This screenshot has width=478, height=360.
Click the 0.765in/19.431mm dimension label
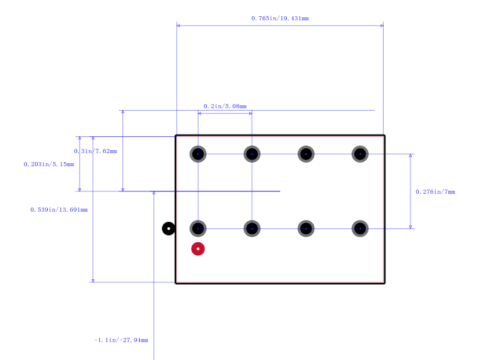tap(280, 19)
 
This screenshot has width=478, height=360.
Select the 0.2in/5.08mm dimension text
tap(225, 106)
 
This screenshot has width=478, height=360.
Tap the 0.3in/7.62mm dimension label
tap(96, 151)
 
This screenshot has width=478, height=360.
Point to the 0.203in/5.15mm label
tap(49, 164)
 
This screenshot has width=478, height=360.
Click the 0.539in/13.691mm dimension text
tap(59, 209)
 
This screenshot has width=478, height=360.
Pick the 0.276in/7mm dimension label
tap(436, 191)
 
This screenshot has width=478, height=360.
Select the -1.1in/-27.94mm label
tap(121, 340)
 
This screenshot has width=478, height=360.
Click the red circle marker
tap(198, 249)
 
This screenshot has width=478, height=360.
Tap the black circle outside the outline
tap(168, 228)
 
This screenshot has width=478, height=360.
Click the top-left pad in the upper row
tap(198, 154)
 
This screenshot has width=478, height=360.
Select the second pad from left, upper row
tap(252, 154)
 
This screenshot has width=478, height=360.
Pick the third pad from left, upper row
tap(306, 154)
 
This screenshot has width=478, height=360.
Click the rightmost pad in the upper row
tap(360, 154)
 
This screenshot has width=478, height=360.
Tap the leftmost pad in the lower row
tap(198, 228)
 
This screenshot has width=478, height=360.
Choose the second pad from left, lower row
tap(252, 228)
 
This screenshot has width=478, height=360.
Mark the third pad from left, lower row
tap(306, 228)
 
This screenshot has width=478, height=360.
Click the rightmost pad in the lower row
tap(360, 228)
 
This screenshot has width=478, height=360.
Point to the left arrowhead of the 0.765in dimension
tap(178, 26)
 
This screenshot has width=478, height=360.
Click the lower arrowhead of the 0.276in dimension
tap(410, 227)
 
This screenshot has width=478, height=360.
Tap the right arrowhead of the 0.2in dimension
tap(250, 114)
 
